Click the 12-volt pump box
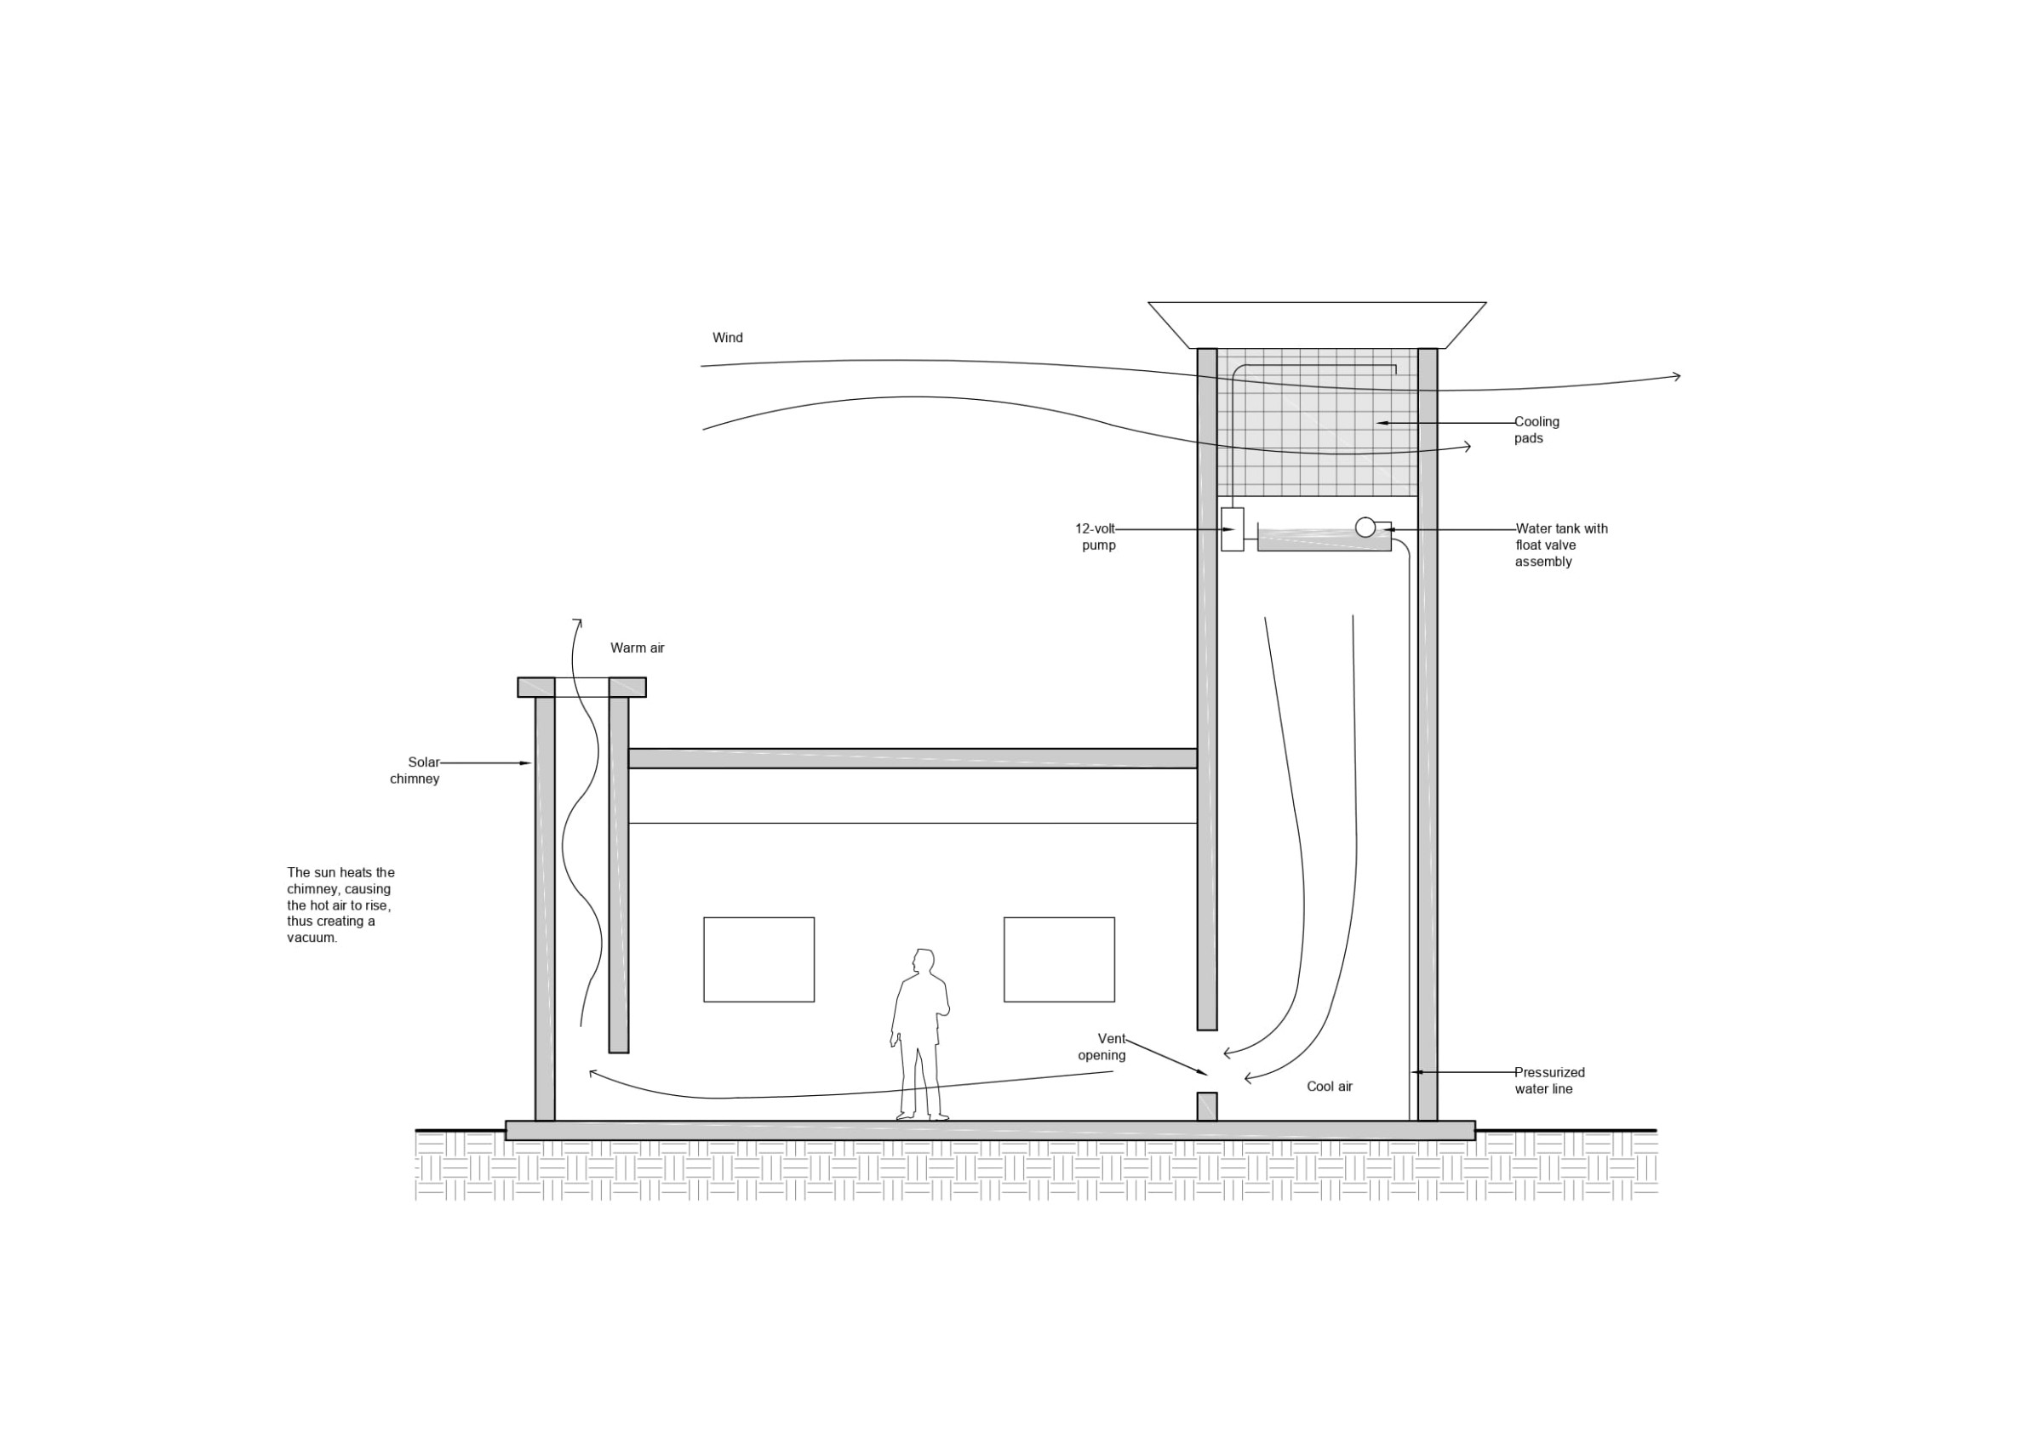[x=1232, y=529]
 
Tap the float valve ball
[x=1365, y=527]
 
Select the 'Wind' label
[x=727, y=338]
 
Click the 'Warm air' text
[x=637, y=648]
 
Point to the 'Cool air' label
[x=1330, y=1087]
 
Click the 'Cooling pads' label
[x=1537, y=430]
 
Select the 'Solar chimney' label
[x=415, y=770]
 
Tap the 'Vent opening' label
[x=1102, y=1047]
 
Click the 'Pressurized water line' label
[x=1549, y=1080]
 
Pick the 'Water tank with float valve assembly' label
[x=1561, y=545]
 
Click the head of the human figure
[x=924, y=962]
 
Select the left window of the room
[x=759, y=959]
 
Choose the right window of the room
[x=1059, y=959]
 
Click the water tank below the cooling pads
[x=1324, y=540]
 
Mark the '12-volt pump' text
[x=1096, y=536]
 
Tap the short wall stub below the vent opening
[x=1206, y=1106]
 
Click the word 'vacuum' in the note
[x=312, y=938]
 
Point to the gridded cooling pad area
[x=1317, y=422]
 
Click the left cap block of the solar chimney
[x=535, y=687]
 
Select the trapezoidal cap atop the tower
[x=1317, y=325]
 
